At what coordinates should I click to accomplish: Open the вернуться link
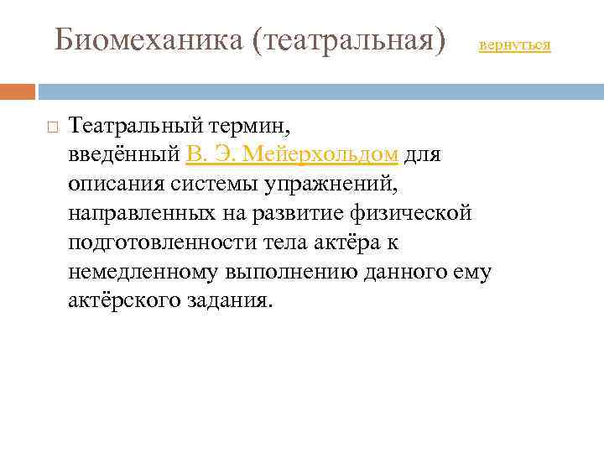[x=514, y=45]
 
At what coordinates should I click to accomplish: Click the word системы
[x=206, y=184]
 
